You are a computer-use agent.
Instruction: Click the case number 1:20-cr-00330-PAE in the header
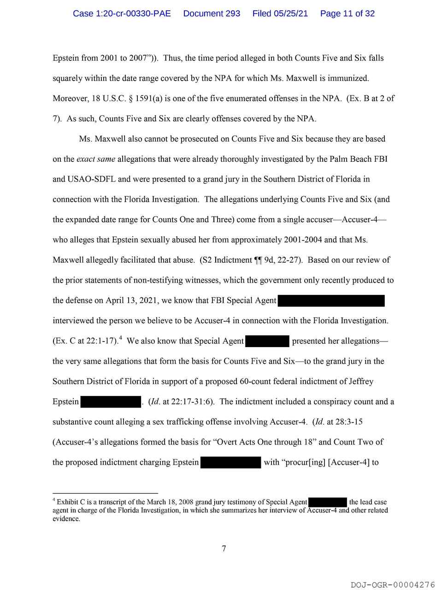122,13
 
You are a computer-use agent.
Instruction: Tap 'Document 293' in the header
212,13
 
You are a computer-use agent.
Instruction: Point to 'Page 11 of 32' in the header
347,13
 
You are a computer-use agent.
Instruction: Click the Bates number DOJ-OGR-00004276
393,584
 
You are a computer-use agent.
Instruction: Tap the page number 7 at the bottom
224,549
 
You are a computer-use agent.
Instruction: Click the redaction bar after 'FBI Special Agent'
331,301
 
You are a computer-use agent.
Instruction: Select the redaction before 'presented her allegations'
267,341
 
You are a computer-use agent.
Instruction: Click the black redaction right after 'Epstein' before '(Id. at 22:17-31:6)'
111,402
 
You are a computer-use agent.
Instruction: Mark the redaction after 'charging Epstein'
231,462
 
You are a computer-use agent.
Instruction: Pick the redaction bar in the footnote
327,502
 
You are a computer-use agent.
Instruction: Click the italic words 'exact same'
96,159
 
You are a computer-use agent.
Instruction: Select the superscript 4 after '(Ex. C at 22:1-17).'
120,338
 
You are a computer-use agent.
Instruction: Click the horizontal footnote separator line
105,493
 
